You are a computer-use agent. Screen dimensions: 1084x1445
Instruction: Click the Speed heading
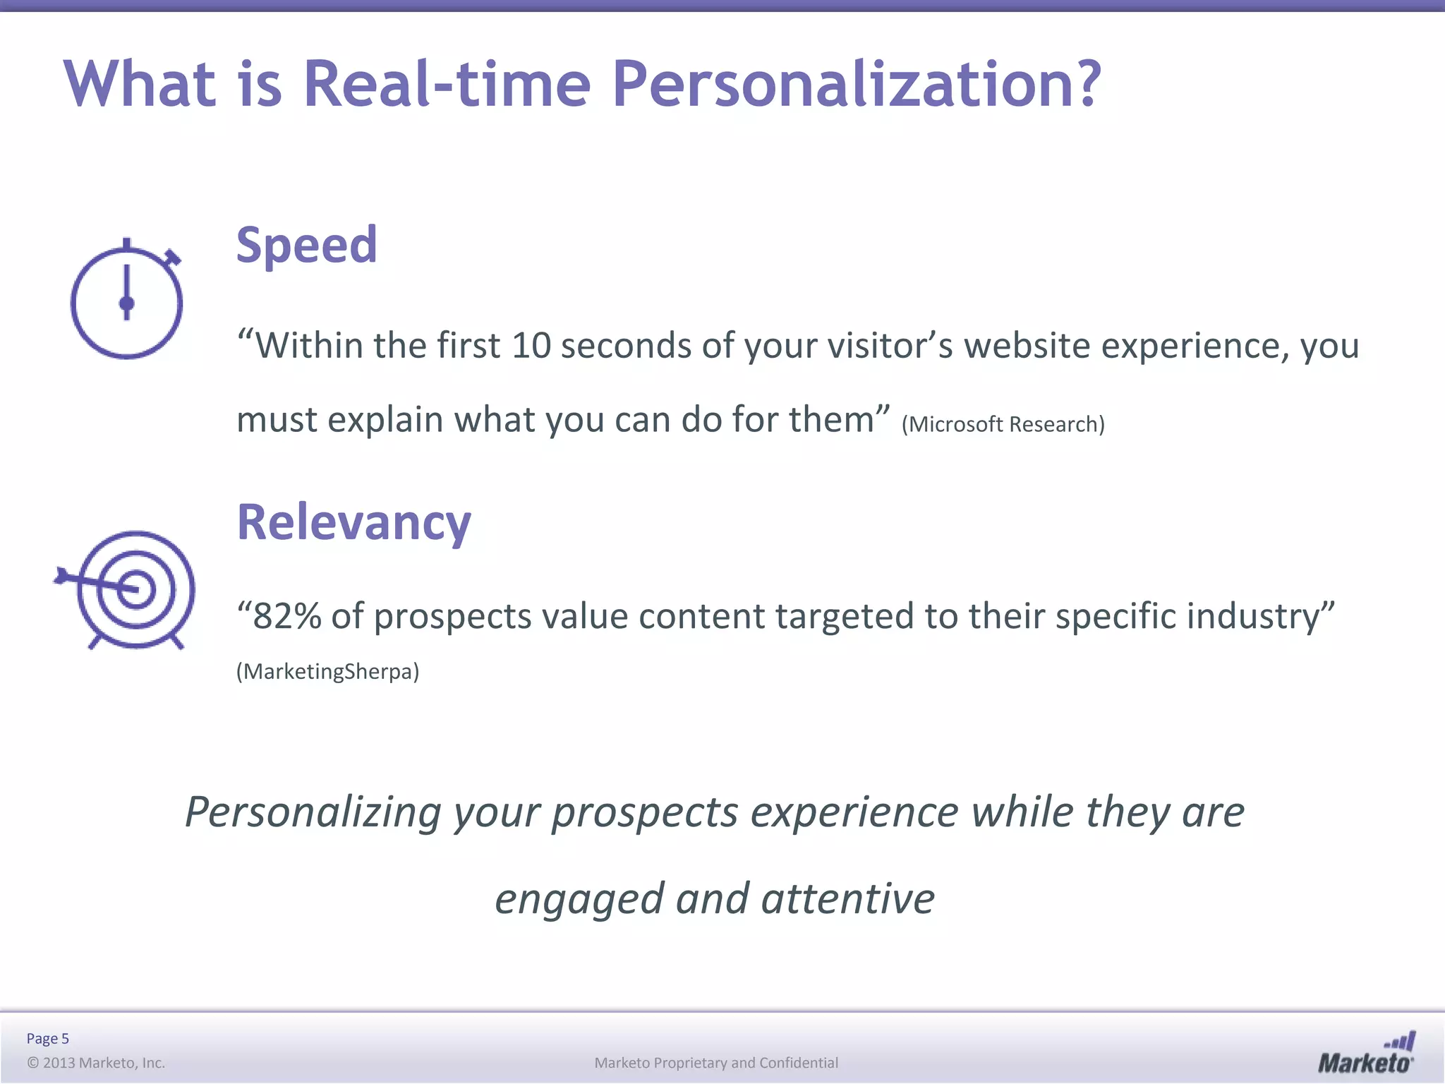click(x=306, y=245)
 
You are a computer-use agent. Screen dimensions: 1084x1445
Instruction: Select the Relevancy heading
click(x=353, y=522)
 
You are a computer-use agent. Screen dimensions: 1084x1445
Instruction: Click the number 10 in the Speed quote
click(x=531, y=346)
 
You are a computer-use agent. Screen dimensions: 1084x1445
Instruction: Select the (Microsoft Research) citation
click(x=1003, y=424)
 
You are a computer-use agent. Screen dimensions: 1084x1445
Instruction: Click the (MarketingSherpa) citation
click(x=327, y=671)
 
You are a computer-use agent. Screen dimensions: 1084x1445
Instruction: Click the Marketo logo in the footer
click(x=1366, y=1054)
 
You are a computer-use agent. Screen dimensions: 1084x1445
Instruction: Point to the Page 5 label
click(x=47, y=1038)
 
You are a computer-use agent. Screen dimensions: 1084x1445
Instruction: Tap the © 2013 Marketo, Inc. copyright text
click(x=96, y=1063)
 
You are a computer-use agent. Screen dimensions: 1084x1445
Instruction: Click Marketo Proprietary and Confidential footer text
click(x=716, y=1063)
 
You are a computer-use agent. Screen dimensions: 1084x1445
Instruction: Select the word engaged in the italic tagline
click(x=579, y=899)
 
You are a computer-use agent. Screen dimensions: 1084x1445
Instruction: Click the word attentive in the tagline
click(x=847, y=899)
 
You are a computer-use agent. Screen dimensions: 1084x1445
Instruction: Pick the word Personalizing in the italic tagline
click(x=313, y=812)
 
